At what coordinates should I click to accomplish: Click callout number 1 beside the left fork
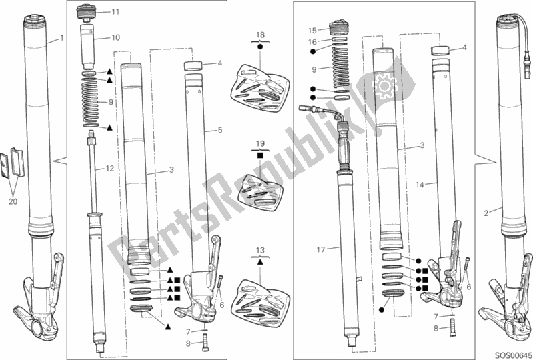coord(61,38)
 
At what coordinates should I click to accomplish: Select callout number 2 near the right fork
coord(486,211)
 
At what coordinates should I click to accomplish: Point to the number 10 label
coord(115,38)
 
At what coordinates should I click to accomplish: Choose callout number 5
coord(219,131)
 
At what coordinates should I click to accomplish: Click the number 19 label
coord(260,143)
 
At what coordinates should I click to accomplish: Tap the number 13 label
coord(260,250)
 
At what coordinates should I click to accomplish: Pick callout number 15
coord(312,30)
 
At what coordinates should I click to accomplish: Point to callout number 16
coord(312,41)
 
